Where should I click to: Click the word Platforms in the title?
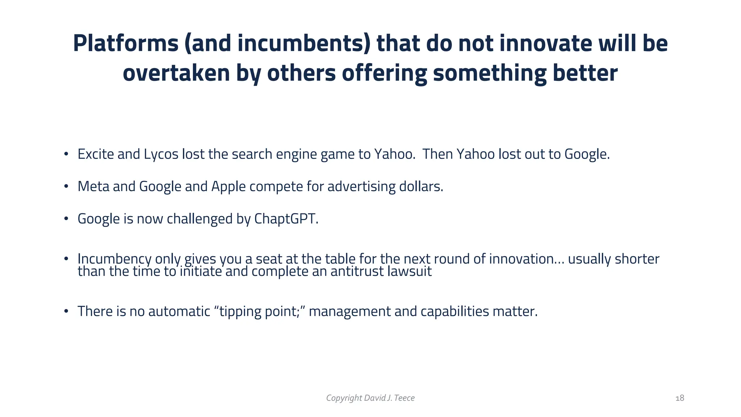[126, 43]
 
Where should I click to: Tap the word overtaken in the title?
[176, 73]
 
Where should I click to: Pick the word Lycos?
[161, 154]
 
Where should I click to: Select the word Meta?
[93, 186]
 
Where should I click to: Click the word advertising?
[361, 187]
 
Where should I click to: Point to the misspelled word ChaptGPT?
[286, 219]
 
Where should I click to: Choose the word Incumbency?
[114, 259]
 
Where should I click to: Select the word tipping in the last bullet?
[240, 312]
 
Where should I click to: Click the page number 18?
[680, 398]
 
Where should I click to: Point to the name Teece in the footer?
[404, 398]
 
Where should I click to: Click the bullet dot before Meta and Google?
[66, 187]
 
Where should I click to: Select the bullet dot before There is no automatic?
[66, 312]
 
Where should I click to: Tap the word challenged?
[200, 219]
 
